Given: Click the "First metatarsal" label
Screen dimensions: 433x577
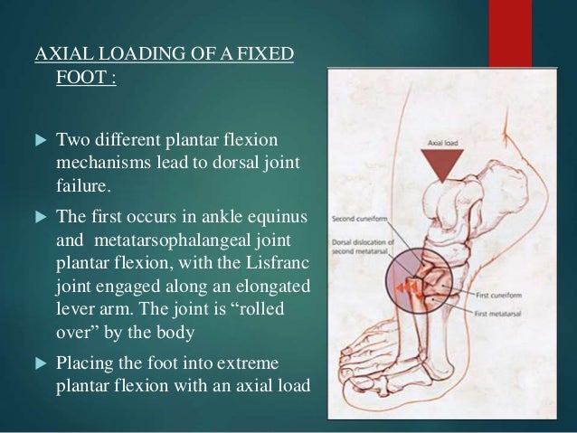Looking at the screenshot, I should [x=500, y=313].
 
